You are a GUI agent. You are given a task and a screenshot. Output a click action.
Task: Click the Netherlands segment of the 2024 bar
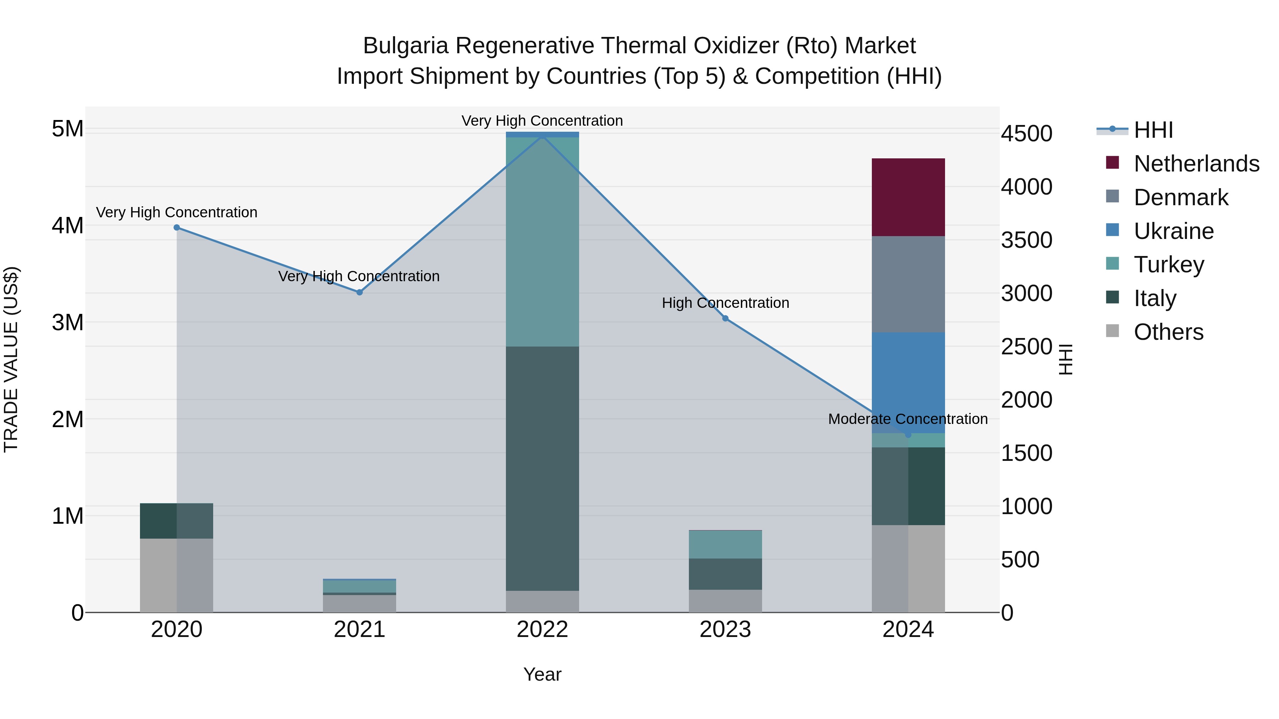click(x=908, y=197)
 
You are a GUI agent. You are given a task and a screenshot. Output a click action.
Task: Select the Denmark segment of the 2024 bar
click(x=908, y=284)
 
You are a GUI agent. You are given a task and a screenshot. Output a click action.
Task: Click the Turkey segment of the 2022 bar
click(x=542, y=242)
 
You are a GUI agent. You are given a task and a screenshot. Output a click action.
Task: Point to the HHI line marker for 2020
click(x=177, y=228)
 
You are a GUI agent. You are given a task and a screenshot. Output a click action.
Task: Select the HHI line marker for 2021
click(x=360, y=292)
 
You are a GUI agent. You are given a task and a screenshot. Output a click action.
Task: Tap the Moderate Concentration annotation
click(x=908, y=419)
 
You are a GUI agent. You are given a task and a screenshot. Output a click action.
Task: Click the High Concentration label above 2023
click(x=725, y=303)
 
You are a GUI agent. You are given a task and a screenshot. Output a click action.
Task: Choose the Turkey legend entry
click(x=1169, y=265)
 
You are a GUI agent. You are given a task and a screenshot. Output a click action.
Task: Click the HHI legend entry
click(x=1153, y=130)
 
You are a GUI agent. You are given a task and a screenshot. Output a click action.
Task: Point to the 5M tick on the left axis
click(x=68, y=129)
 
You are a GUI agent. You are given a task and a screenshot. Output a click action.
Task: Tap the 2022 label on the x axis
click(x=542, y=630)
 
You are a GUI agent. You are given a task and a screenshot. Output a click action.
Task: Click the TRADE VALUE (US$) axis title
click(x=11, y=359)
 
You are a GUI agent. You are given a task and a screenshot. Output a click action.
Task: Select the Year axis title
click(x=542, y=674)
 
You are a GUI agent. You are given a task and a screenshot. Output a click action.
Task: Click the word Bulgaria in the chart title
click(x=406, y=46)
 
